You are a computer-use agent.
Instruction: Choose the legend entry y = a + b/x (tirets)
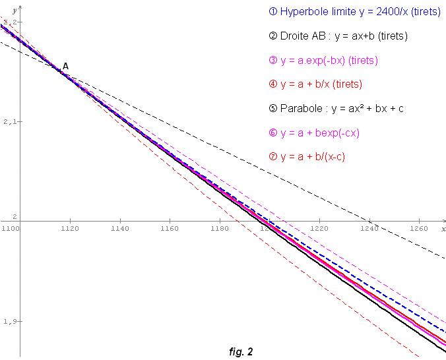point(315,84)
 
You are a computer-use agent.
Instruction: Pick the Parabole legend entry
point(336,108)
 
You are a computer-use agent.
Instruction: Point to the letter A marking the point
point(65,66)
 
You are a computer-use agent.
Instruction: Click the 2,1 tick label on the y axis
point(9,122)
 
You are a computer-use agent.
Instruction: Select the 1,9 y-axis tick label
point(9,322)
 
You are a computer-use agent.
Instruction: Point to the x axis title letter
point(443,228)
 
